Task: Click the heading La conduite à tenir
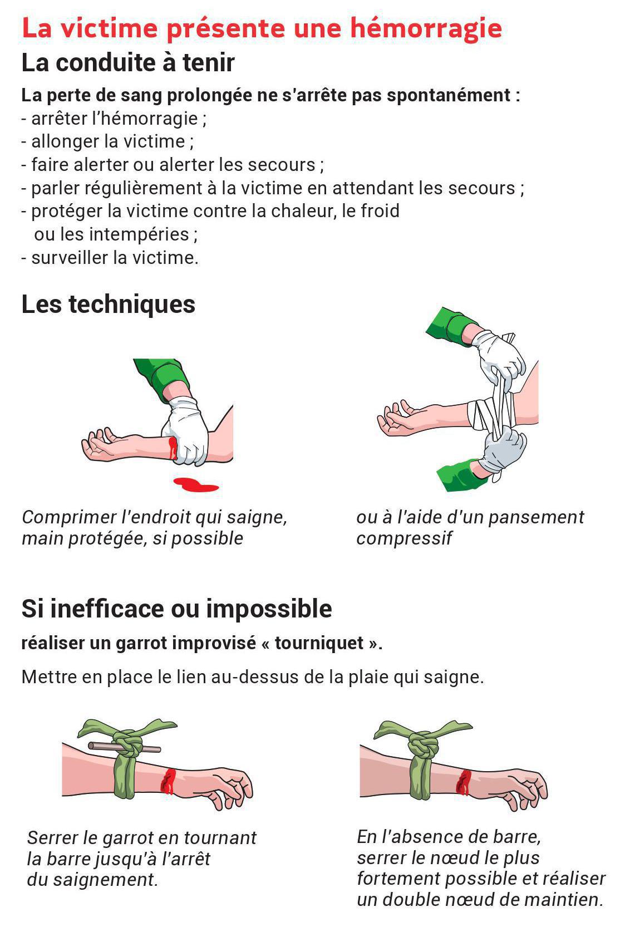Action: (x=127, y=62)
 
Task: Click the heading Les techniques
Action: (x=108, y=304)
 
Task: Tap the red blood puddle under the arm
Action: (x=196, y=484)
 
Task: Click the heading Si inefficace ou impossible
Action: (x=176, y=609)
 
